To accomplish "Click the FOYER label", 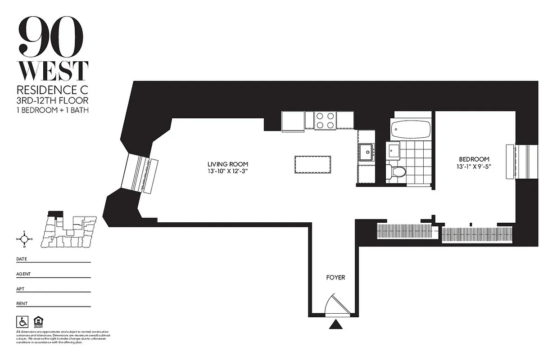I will pos(335,278).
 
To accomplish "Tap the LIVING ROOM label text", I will pos(228,164).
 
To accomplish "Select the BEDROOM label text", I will pos(474,159).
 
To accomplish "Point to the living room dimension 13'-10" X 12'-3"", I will pos(228,171).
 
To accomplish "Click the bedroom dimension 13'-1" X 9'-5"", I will pos(474,166).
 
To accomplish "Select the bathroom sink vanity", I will pos(393,150).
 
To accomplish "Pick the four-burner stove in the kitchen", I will pos(325,120).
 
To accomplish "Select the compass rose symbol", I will pos(24,239).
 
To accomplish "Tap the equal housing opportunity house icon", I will pos(39,321).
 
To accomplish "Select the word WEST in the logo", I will pos(52,71).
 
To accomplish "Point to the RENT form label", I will pos(22,303).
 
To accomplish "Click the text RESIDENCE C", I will pos(52,89).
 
